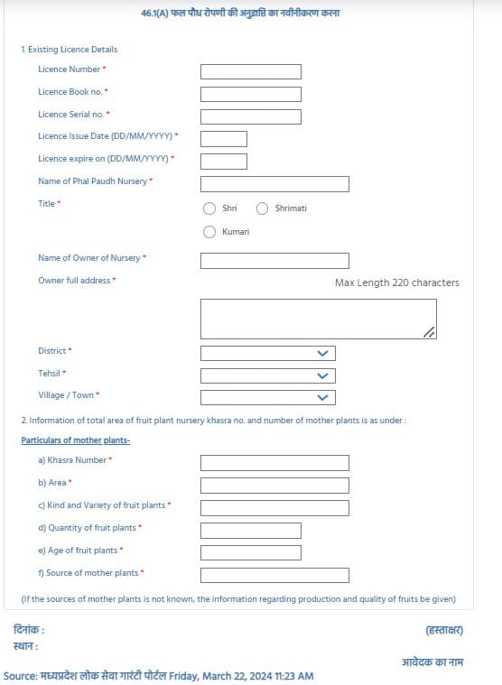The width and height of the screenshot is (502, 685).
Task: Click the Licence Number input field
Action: (x=250, y=71)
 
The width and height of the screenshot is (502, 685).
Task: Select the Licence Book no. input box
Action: (x=250, y=94)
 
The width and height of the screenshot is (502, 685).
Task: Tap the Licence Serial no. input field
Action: (x=250, y=116)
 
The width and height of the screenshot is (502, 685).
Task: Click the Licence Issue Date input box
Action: (x=223, y=139)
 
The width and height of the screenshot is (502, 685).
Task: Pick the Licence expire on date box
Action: (x=223, y=162)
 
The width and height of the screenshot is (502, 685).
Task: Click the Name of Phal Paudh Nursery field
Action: (x=274, y=184)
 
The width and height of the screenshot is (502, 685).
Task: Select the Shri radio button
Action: (x=209, y=208)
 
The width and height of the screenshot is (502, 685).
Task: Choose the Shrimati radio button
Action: (x=263, y=208)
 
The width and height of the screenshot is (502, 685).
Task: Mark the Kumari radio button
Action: (x=209, y=232)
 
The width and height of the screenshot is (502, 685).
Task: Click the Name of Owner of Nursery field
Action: (x=274, y=261)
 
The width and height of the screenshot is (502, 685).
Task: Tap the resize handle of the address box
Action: (x=430, y=333)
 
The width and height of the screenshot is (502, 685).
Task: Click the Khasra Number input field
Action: (x=274, y=463)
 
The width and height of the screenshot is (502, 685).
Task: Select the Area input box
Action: (x=274, y=486)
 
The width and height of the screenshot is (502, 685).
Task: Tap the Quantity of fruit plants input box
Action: (x=250, y=531)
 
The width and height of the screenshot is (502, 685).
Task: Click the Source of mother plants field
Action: (x=274, y=575)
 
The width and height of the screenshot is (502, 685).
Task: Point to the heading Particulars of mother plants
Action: (x=76, y=440)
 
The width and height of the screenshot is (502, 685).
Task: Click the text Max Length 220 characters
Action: (x=396, y=282)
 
